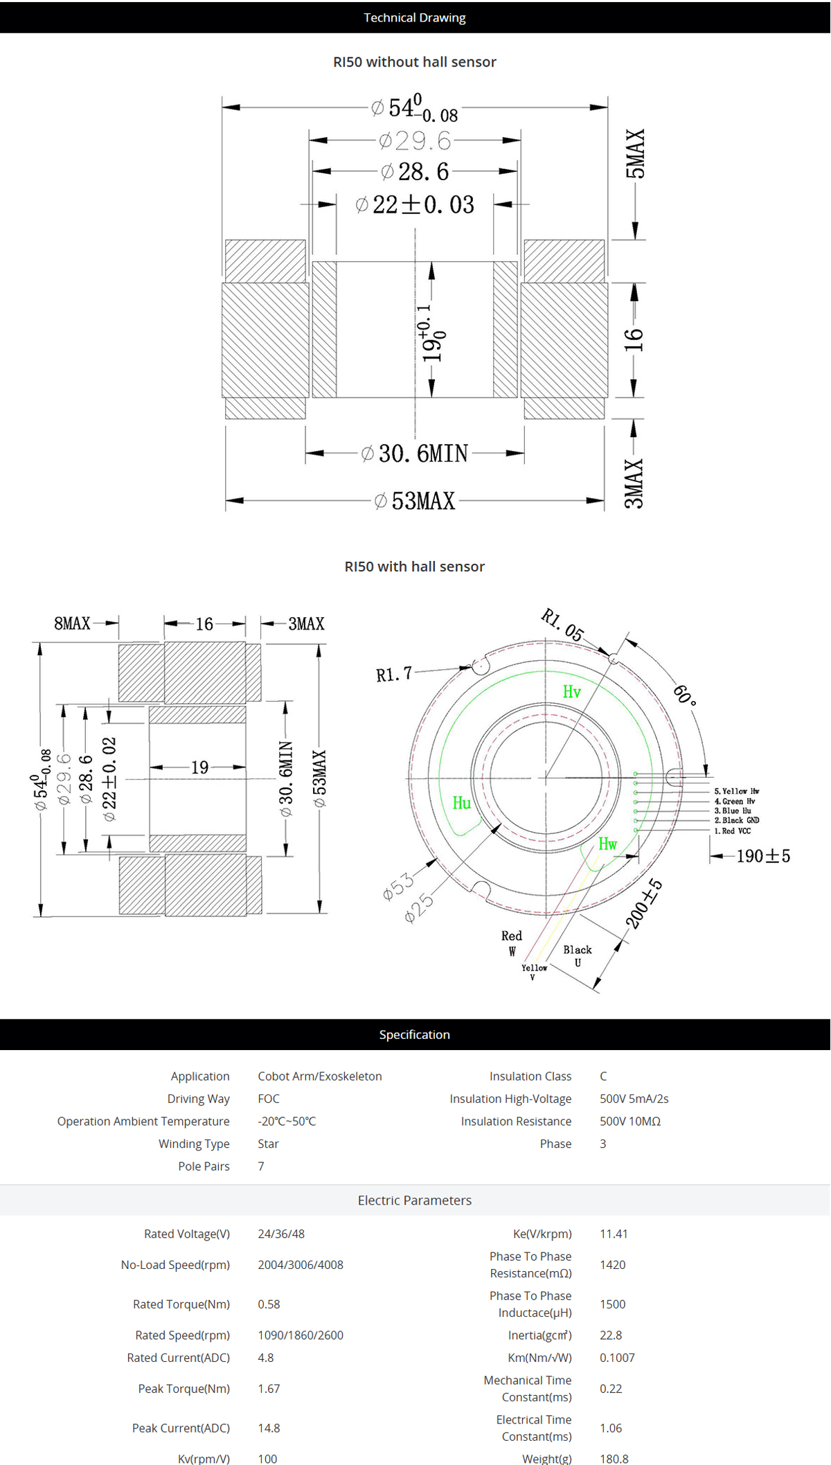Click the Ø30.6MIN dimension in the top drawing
tap(415, 454)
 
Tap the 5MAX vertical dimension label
tap(635, 154)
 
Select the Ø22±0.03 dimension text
tap(415, 205)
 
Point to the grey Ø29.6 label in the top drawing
tap(415, 141)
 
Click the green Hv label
tap(571, 692)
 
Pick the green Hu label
tap(461, 803)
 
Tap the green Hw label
tap(607, 844)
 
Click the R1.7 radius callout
tap(393, 674)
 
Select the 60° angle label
tap(685, 694)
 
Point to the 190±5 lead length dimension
tap(762, 856)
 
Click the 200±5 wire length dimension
tap(644, 904)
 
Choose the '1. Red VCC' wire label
tap(732, 831)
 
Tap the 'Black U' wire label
tap(577, 956)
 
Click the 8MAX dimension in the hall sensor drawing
tap(72, 623)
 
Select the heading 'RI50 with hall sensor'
tap(414, 566)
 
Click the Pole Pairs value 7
tap(261, 1166)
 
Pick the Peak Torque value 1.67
tap(269, 1388)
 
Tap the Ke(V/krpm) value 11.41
tap(614, 1234)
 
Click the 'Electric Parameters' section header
tap(414, 1200)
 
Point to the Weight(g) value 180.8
tap(614, 1458)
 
